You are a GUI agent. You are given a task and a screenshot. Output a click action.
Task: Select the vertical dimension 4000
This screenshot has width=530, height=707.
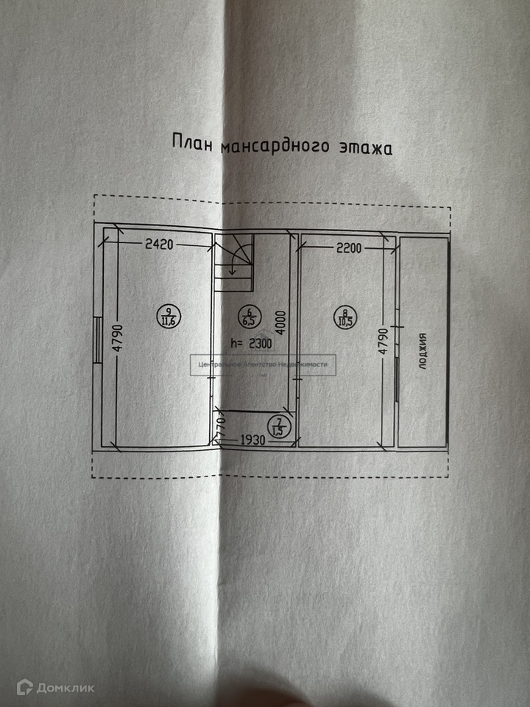(x=281, y=323)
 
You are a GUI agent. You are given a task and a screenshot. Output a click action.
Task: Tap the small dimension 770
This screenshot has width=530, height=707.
(x=219, y=425)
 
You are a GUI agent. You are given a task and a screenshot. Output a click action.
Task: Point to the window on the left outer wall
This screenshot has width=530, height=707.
(x=98, y=340)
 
